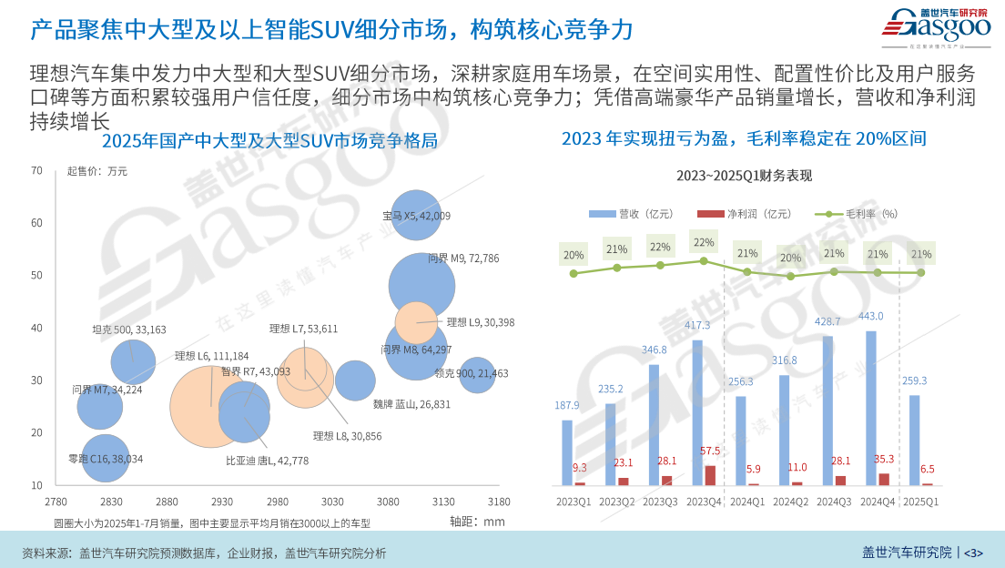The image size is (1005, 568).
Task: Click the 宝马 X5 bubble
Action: point(415,215)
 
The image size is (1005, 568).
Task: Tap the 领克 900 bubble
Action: point(476,374)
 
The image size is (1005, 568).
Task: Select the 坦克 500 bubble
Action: point(134,362)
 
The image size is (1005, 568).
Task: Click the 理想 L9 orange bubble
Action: point(417,321)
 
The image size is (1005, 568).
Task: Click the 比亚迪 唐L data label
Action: point(267,461)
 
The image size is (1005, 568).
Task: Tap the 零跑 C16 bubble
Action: point(105,459)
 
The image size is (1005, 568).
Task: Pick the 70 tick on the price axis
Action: point(37,170)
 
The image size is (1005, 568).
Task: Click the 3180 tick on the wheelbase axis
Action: point(498,502)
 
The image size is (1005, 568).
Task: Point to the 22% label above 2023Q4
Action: point(704,243)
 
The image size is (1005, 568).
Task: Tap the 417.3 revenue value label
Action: point(697,325)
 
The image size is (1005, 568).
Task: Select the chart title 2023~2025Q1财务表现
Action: point(744,176)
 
